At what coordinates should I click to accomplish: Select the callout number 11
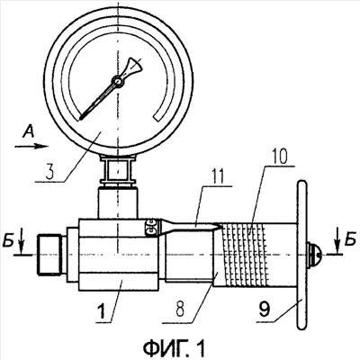coord(217,177)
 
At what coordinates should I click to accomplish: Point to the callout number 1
coord(102,310)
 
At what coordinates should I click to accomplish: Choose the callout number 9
coord(265,310)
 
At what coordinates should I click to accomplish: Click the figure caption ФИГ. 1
coord(175,348)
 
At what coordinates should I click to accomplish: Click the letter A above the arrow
coord(29,131)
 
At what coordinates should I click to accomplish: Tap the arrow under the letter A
coord(31,146)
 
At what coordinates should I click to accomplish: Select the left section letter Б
coord(8,242)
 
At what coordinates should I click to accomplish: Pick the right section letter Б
coord(349,241)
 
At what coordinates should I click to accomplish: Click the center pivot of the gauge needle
coord(117,81)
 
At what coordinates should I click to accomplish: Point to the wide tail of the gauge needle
coord(132,67)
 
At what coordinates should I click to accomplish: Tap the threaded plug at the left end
coord(50,255)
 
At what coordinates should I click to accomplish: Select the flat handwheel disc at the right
coord(301,255)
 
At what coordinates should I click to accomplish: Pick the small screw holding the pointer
coord(151,228)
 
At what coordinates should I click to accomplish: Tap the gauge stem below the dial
coord(118,186)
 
